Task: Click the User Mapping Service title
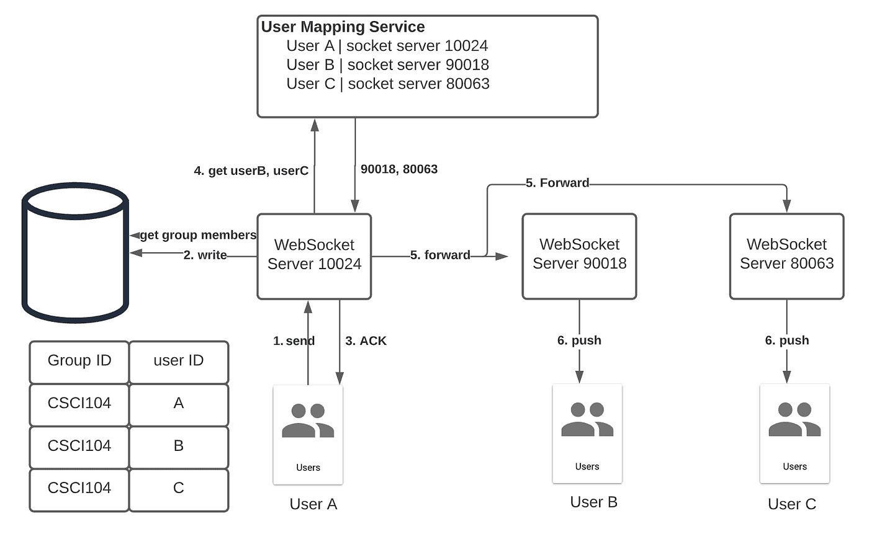[343, 27]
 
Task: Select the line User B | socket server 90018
[387, 65]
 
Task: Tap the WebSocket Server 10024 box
[314, 256]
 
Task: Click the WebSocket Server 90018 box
[579, 256]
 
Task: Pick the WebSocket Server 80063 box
[786, 256]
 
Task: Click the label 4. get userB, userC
[251, 171]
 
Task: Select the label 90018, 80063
[398, 169]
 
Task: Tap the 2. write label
[205, 255]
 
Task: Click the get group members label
[197, 235]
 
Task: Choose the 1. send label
[294, 340]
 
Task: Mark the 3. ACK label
[366, 340]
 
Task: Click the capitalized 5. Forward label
[557, 183]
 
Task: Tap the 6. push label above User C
[786, 340]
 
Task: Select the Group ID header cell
[79, 361]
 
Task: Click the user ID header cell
[178, 361]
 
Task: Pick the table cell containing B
[178, 446]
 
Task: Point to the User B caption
[593, 502]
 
